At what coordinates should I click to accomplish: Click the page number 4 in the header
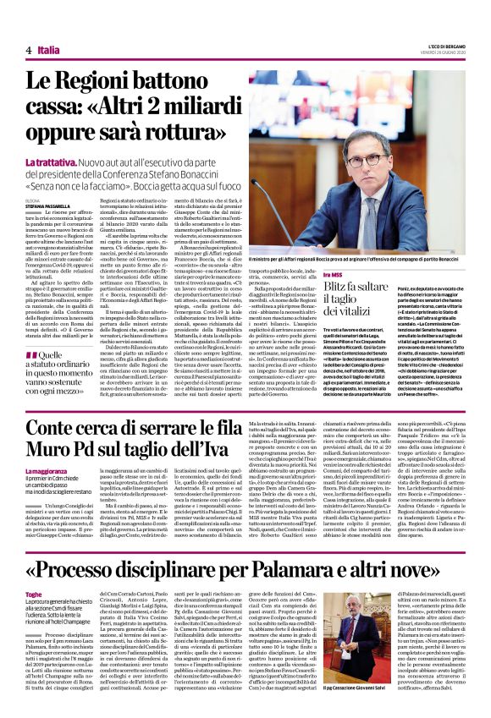coord(29,51)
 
